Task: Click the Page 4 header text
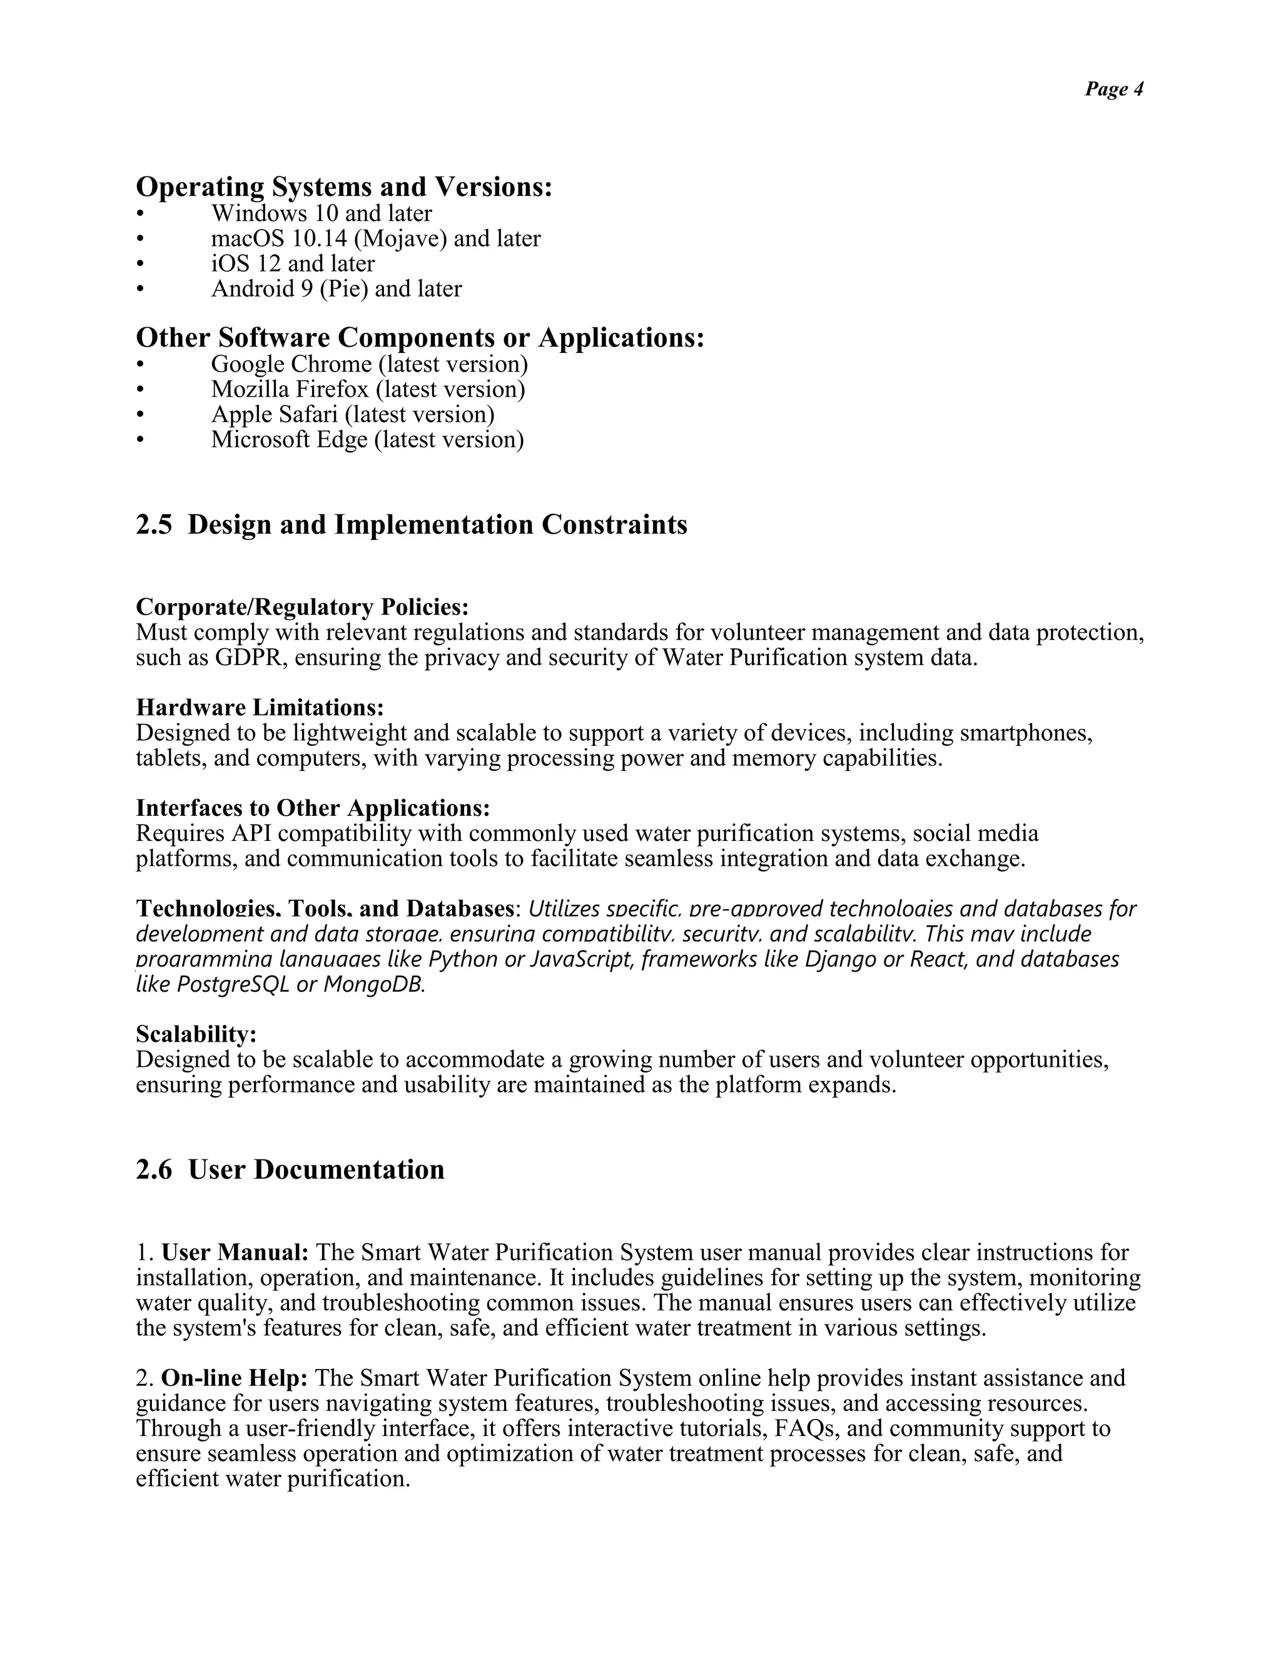point(1113,89)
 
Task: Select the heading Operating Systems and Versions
point(344,186)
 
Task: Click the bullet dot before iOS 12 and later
point(139,265)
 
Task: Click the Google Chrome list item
point(369,364)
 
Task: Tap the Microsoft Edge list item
point(367,440)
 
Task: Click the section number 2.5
point(154,524)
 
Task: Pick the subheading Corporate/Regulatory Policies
point(302,608)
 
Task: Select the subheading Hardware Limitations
point(260,708)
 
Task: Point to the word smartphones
point(1025,733)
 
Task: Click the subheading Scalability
point(196,1034)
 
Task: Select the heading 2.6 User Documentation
point(290,1170)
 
